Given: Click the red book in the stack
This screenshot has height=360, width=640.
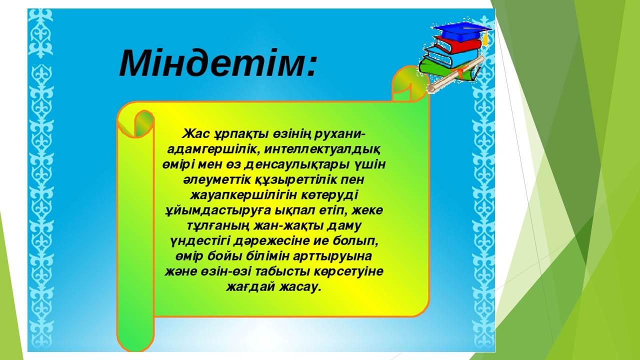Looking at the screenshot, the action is tap(457, 45).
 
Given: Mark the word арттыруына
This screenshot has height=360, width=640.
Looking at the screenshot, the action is tap(332, 256).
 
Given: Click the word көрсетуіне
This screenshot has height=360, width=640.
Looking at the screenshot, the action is tap(348, 271).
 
